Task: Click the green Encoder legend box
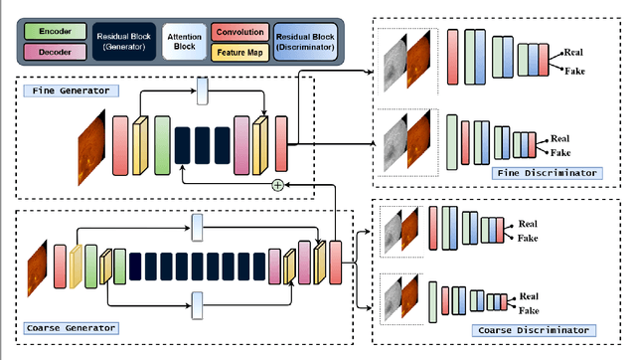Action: pyautogui.click(x=54, y=30)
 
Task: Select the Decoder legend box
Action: pyautogui.click(x=54, y=53)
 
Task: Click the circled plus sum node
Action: pyautogui.click(x=277, y=185)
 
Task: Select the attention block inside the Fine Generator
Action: pyautogui.click(x=203, y=90)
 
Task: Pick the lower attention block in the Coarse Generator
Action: pyautogui.click(x=196, y=301)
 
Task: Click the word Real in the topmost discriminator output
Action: pyautogui.click(x=573, y=52)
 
